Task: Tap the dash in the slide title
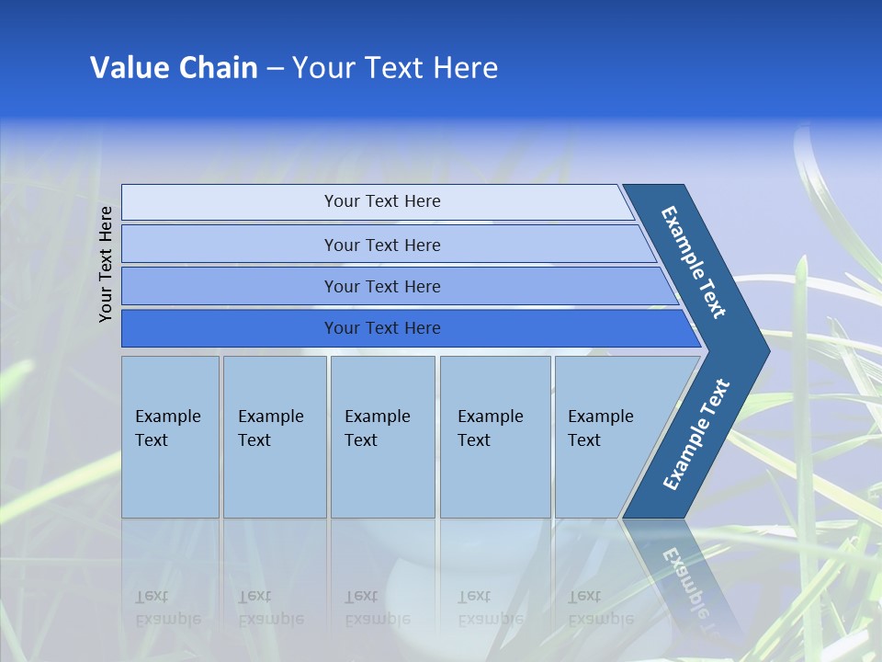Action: (x=275, y=69)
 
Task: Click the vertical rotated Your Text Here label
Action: (x=106, y=264)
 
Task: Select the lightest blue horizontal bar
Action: (x=381, y=201)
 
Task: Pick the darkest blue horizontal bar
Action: (x=381, y=328)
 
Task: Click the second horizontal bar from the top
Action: (x=381, y=245)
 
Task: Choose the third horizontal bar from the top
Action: (x=381, y=286)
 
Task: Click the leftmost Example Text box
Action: (x=170, y=437)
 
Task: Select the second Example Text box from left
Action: (x=275, y=437)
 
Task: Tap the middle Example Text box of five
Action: (x=382, y=437)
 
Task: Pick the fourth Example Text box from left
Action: (x=495, y=437)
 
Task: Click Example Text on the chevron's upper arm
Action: (x=695, y=262)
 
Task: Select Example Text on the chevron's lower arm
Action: (x=696, y=434)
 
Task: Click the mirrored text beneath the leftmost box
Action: (x=167, y=607)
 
